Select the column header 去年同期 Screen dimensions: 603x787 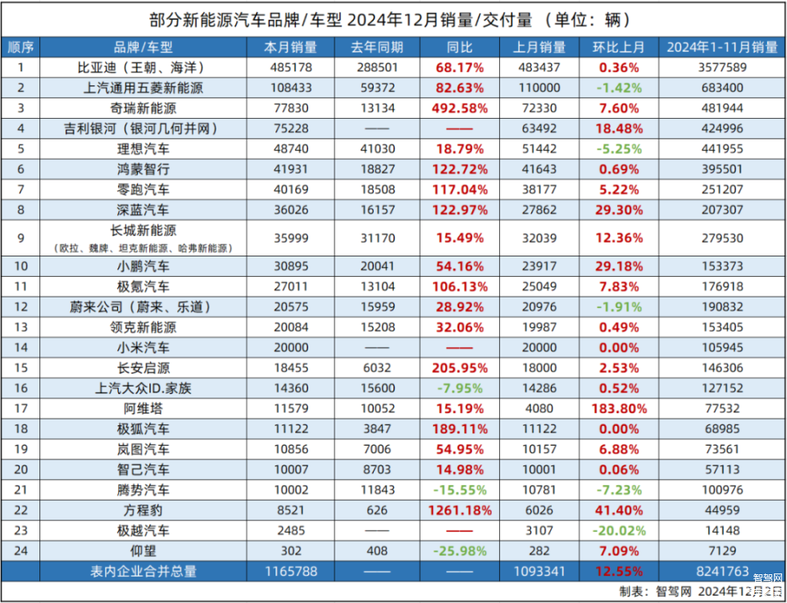pyautogui.click(x=378, y=48)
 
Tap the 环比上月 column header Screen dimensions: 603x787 pyautogui.click(x=618, y=48)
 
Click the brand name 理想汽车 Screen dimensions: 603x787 pyautogui.click(x=143, y=149)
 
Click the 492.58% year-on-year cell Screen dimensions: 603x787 pyautogui.click(x=457, y=108)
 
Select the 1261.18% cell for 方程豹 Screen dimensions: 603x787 pyautogui.click(x=457, y=510)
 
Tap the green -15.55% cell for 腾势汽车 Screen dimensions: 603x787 pyautogui.click(x=457, y=490)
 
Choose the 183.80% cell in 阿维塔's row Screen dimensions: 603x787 pyautogui.click(x=618, y=408)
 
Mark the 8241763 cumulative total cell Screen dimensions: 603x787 pyautogui.click(x=721, y=571)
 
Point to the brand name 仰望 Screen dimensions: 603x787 pyautogui.click(x=143, y=551)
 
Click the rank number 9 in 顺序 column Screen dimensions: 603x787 pyautogui.click(x=21, y=238)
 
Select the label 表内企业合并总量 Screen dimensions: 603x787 pyautogui.click(x=143, y=571)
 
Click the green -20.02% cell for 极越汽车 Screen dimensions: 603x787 pyautogui.click(x=618, y=530)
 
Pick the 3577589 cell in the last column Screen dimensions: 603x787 pyautogui.click(x=721, y=67)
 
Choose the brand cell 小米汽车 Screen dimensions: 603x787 pyautogui.click(x=143, y=347)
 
